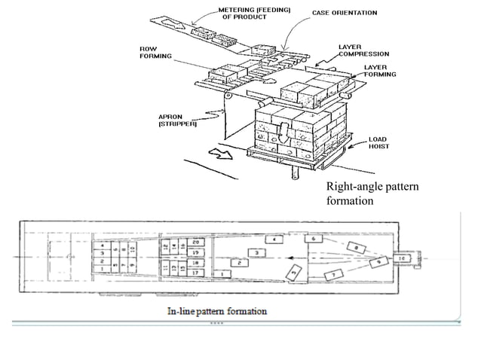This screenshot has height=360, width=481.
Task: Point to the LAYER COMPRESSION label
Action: [363, 50]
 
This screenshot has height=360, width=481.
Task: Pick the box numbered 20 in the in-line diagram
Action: [196, 243]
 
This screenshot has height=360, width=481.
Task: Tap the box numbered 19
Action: [196, 252]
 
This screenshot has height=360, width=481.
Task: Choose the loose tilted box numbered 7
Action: [332, 275]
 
